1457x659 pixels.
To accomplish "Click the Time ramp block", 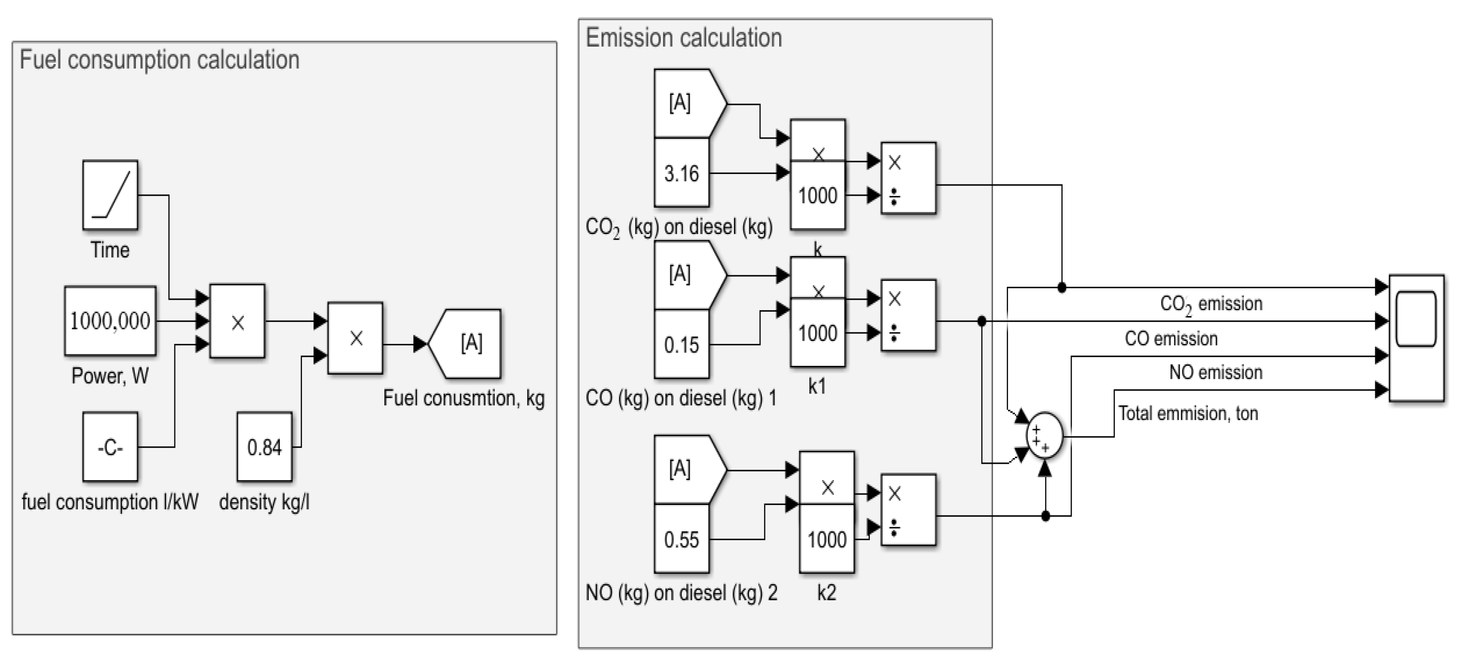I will click(x=110, y=194).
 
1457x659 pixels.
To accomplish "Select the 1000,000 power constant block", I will click(x=110, y=321).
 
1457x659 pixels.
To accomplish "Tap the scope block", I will click(x=1416, y=337).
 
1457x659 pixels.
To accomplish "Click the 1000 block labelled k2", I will click(x=826, y=539).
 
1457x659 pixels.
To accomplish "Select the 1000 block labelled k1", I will click(x=818, y=333).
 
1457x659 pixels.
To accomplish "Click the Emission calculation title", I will click(x=683, y=38).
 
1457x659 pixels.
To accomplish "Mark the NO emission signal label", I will click(x=1215, y=372).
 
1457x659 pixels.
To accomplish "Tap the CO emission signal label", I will click(x=1170, y=338).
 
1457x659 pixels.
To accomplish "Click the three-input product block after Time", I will click(x=237, y=321).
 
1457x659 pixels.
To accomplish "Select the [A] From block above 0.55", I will click(x=684, y=469).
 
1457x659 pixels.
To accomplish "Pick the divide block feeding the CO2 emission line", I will click(x=908, y=178).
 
